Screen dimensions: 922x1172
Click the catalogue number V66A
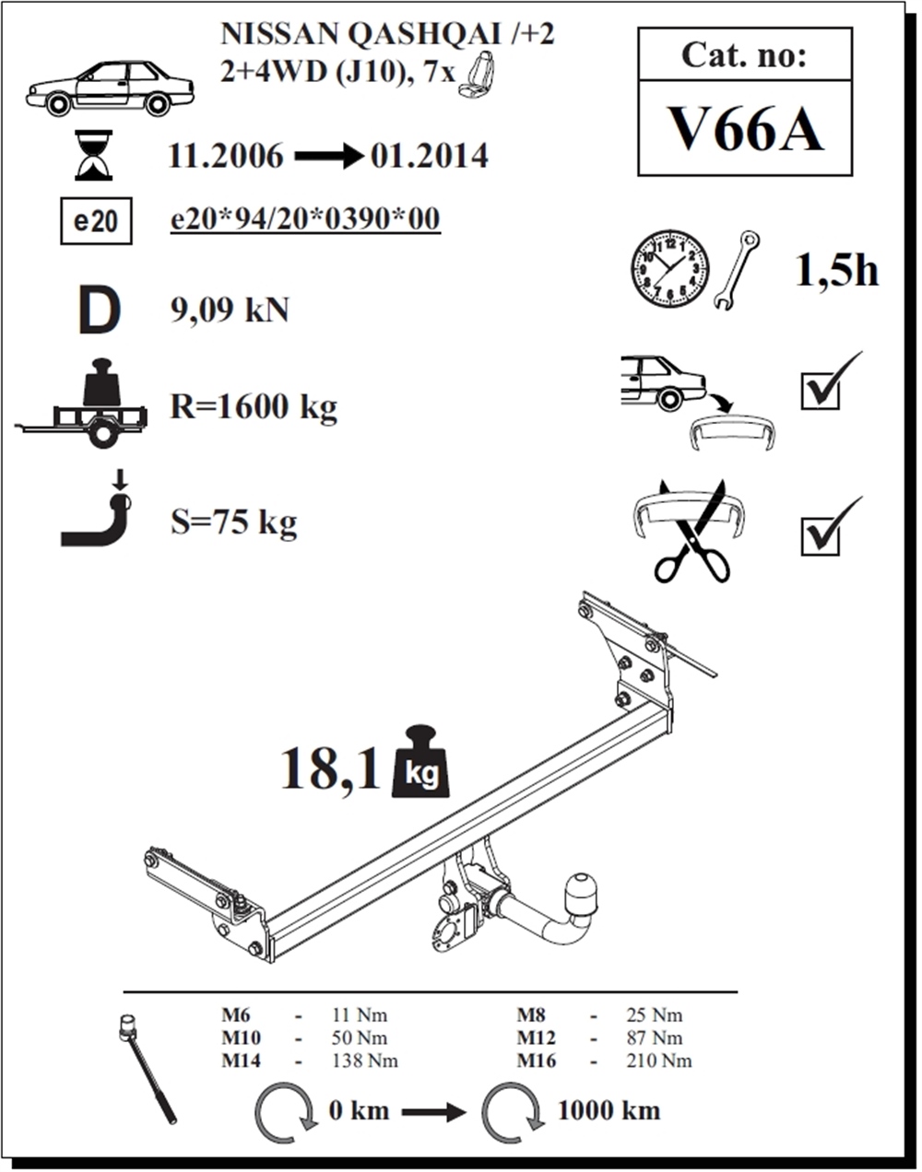coord(745,130)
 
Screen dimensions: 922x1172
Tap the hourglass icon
coord(94,155)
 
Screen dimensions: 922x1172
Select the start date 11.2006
coord(226,157)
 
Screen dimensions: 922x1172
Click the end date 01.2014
coord(430,157)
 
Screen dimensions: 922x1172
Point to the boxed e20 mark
coord(96,221)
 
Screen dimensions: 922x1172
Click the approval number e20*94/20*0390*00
coord(306,220)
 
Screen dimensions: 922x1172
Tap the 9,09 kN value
coord(230,311)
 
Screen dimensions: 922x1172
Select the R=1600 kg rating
coord(254,407)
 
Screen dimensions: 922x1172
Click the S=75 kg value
coord(234,522)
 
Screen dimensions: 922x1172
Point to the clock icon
coord(669,270)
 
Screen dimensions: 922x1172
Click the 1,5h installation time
coord(836,271)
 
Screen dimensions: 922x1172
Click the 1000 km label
coord(609,1110)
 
